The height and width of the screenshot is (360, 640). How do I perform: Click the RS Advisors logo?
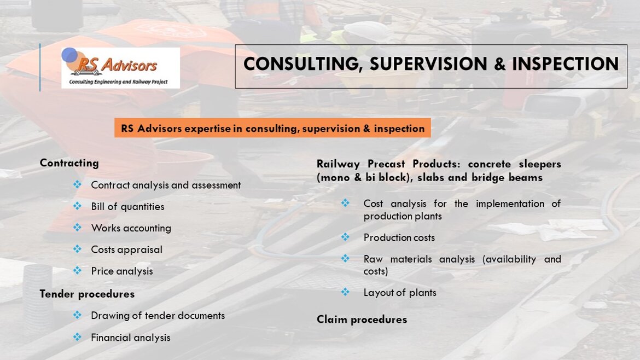(120, 68)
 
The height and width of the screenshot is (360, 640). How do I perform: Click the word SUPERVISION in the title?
(428, 64)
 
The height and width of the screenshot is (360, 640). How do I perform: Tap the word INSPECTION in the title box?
(565, 64)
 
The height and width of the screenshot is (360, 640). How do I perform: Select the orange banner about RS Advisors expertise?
(272, 128)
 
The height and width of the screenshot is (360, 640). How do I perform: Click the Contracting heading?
(69, 163)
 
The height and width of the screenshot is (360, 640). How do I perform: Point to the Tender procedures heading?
(87, 294)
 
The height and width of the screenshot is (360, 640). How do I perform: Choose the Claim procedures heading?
(362, 319)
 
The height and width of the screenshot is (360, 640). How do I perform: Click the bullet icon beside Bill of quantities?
(77, 206)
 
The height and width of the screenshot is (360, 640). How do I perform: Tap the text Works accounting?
(131, 228)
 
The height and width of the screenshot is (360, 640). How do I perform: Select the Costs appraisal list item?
(126, 249)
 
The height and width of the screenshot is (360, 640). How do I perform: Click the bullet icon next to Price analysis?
(77, 270)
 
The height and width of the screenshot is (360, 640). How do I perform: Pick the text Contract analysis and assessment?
(166, 185)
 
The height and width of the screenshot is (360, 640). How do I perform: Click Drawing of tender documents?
(158, 316)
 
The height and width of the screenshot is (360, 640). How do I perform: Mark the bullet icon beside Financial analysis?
(77, 336)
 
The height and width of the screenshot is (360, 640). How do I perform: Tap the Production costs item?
(399, 237)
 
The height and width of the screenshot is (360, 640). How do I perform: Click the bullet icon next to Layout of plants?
(345, 292)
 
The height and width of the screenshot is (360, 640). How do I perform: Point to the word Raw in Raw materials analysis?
(373, 259)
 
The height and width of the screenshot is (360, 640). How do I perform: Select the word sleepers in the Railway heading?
(539, 164)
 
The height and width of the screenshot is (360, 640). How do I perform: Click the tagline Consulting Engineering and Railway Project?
(118, 82)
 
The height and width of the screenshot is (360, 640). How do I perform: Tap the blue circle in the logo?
(69, 55)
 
